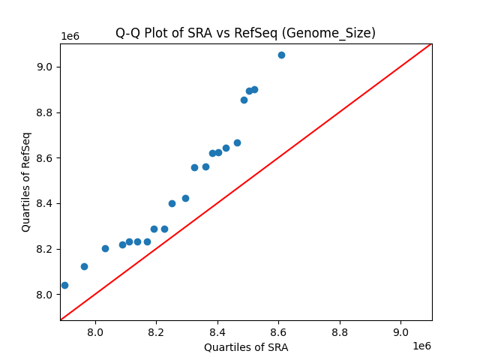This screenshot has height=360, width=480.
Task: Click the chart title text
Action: click(245, 33)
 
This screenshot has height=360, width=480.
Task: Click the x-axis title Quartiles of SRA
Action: click(245, 347)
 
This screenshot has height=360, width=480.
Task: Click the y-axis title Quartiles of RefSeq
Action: click(26, 181)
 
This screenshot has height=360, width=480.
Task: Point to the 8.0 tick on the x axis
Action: click(95, 332)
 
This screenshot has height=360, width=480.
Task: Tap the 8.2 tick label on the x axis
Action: click(157, 332)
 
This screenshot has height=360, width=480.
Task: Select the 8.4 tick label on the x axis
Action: click(217, 332)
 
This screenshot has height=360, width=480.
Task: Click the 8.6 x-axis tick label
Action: click(279, 332)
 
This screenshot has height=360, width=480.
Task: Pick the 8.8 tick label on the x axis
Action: click(340, 332)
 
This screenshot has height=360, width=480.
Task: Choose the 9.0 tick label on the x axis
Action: click(401, 332)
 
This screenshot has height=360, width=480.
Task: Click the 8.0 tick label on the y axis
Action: click(44, 295)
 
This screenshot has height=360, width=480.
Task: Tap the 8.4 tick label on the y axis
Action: click(44, 203)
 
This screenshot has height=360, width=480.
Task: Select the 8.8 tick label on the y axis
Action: click(44, 112)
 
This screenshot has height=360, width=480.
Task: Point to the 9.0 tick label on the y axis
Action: click(44, 67)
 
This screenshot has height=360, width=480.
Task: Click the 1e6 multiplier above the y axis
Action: click(70, 37)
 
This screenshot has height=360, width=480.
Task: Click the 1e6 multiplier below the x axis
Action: click(421, 346)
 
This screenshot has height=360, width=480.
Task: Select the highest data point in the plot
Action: click(281, 55)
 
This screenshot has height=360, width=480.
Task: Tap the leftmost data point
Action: click(64, 285)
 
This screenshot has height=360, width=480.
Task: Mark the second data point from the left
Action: click(84, 266)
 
